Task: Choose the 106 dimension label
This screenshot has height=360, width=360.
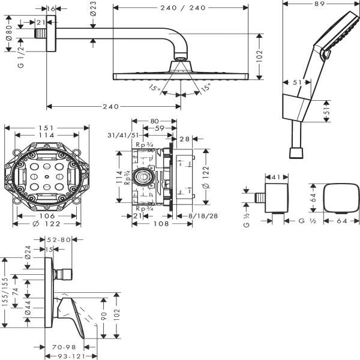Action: pyautogui.click(x=47, y=216)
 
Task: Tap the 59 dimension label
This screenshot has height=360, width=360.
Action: pyautogui.click(x=158, y=127)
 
